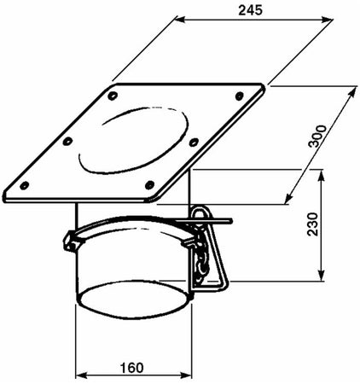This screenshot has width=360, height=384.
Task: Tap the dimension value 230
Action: click(x=334, y=224)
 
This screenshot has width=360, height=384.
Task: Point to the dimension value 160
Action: click(x=131, y=369)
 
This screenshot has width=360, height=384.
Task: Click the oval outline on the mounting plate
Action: click(x=141, y=136)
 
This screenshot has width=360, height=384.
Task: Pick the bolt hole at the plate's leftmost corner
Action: click(x=25, y=183)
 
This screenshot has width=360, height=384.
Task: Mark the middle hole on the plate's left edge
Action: click(x=68, y=139)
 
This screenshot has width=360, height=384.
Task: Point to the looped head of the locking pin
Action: click(x=201, y=214)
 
